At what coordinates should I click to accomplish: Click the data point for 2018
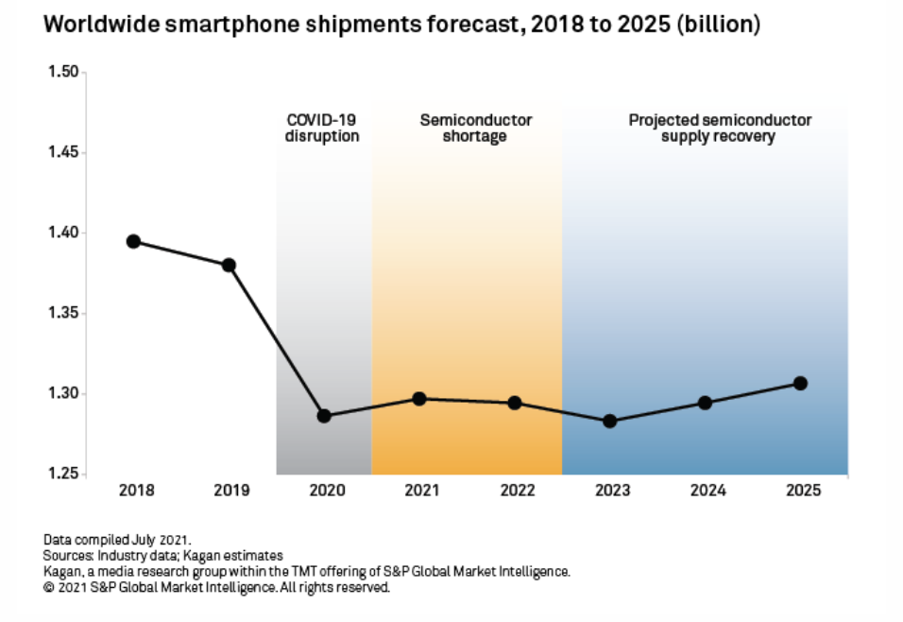coord(133,241)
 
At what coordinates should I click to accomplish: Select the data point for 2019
coord(229,265)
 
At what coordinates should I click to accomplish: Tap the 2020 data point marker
coord(324,416)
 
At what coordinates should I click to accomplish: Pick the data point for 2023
coord(609,421)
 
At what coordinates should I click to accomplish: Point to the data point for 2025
coord(800,383)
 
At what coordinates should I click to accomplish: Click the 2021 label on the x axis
coord(419,491)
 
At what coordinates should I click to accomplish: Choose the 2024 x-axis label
coord(707,491)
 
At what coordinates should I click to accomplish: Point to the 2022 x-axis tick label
coord(515,491)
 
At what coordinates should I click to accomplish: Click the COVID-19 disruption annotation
coord(323,129)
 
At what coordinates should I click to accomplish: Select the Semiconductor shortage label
coord(476,129)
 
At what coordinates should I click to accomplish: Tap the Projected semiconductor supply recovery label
coord(720,129)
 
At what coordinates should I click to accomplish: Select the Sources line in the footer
coord(163,555)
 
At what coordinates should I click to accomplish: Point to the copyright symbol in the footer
coord(48,587)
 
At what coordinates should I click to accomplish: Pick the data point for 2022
coord(515,403)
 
